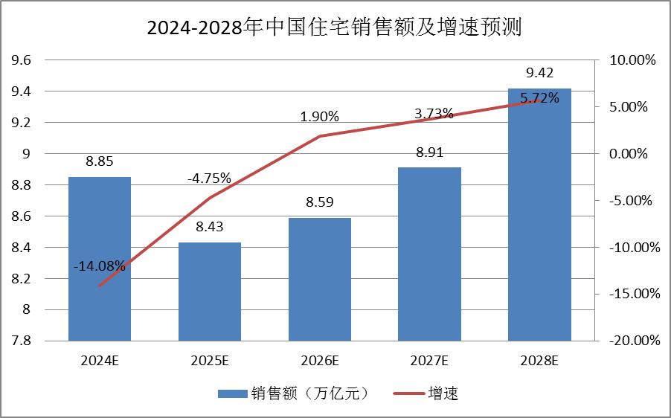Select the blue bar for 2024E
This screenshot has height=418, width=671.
(x=100, y=223)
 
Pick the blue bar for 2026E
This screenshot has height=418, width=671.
(x=320, y=279)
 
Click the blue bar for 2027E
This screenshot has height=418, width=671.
(x=429, y=254)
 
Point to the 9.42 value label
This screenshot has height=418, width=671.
(x=539, y=73)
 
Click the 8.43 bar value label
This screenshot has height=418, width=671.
(x=210, y=228)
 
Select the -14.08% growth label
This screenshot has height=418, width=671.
(x=100, y=266)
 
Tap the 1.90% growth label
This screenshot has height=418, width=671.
(x=320, y=117)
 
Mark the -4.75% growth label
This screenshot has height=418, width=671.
(x=210, y=179)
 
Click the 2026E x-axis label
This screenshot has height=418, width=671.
(x=320, y=361)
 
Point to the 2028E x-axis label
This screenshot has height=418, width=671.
(x=539, y=361)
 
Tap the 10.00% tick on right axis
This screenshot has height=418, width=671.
(x=632, y=60)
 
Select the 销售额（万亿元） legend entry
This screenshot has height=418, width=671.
(x=294, y=393)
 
